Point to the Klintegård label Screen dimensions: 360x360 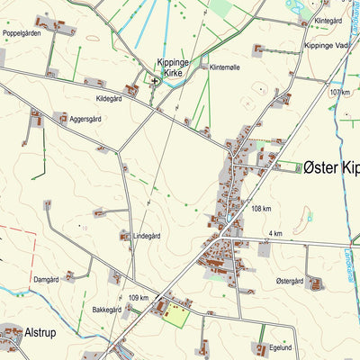click(328, 20)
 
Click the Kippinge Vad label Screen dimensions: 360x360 click(326, 45)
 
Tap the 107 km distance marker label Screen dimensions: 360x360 click(339, 93)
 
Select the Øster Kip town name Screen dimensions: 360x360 click(330, 166)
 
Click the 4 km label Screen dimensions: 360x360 click(275, 234)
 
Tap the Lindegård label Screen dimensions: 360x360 click(147, 236)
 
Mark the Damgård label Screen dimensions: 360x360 click(47, 280)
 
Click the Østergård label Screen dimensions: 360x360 click(291, 281)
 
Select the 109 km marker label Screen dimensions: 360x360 click(139, 297)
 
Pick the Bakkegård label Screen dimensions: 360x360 click(106, 309)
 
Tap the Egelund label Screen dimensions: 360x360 click(281, 346)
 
